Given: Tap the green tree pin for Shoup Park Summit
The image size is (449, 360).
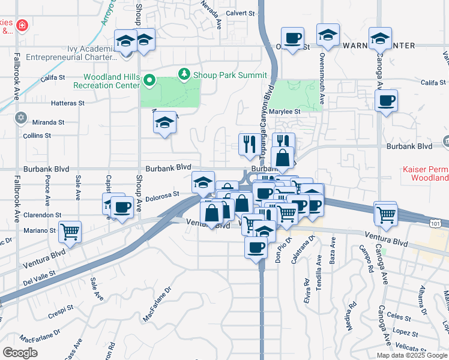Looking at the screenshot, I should [185, 74].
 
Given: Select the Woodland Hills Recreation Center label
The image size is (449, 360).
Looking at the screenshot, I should [112, 81].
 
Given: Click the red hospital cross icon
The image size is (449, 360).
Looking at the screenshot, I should [22, 26].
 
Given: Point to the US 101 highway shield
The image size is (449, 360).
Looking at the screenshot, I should [441, 223].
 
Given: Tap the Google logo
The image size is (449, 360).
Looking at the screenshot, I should [20, 352].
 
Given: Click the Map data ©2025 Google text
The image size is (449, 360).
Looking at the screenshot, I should [412, 355].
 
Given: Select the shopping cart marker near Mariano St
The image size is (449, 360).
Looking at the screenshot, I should [70, 232].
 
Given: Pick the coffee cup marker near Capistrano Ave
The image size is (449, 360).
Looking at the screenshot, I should [122, 208].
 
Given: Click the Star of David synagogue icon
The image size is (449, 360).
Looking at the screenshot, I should [22, 118].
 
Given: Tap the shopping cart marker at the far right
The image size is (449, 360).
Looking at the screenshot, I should [386, 213].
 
